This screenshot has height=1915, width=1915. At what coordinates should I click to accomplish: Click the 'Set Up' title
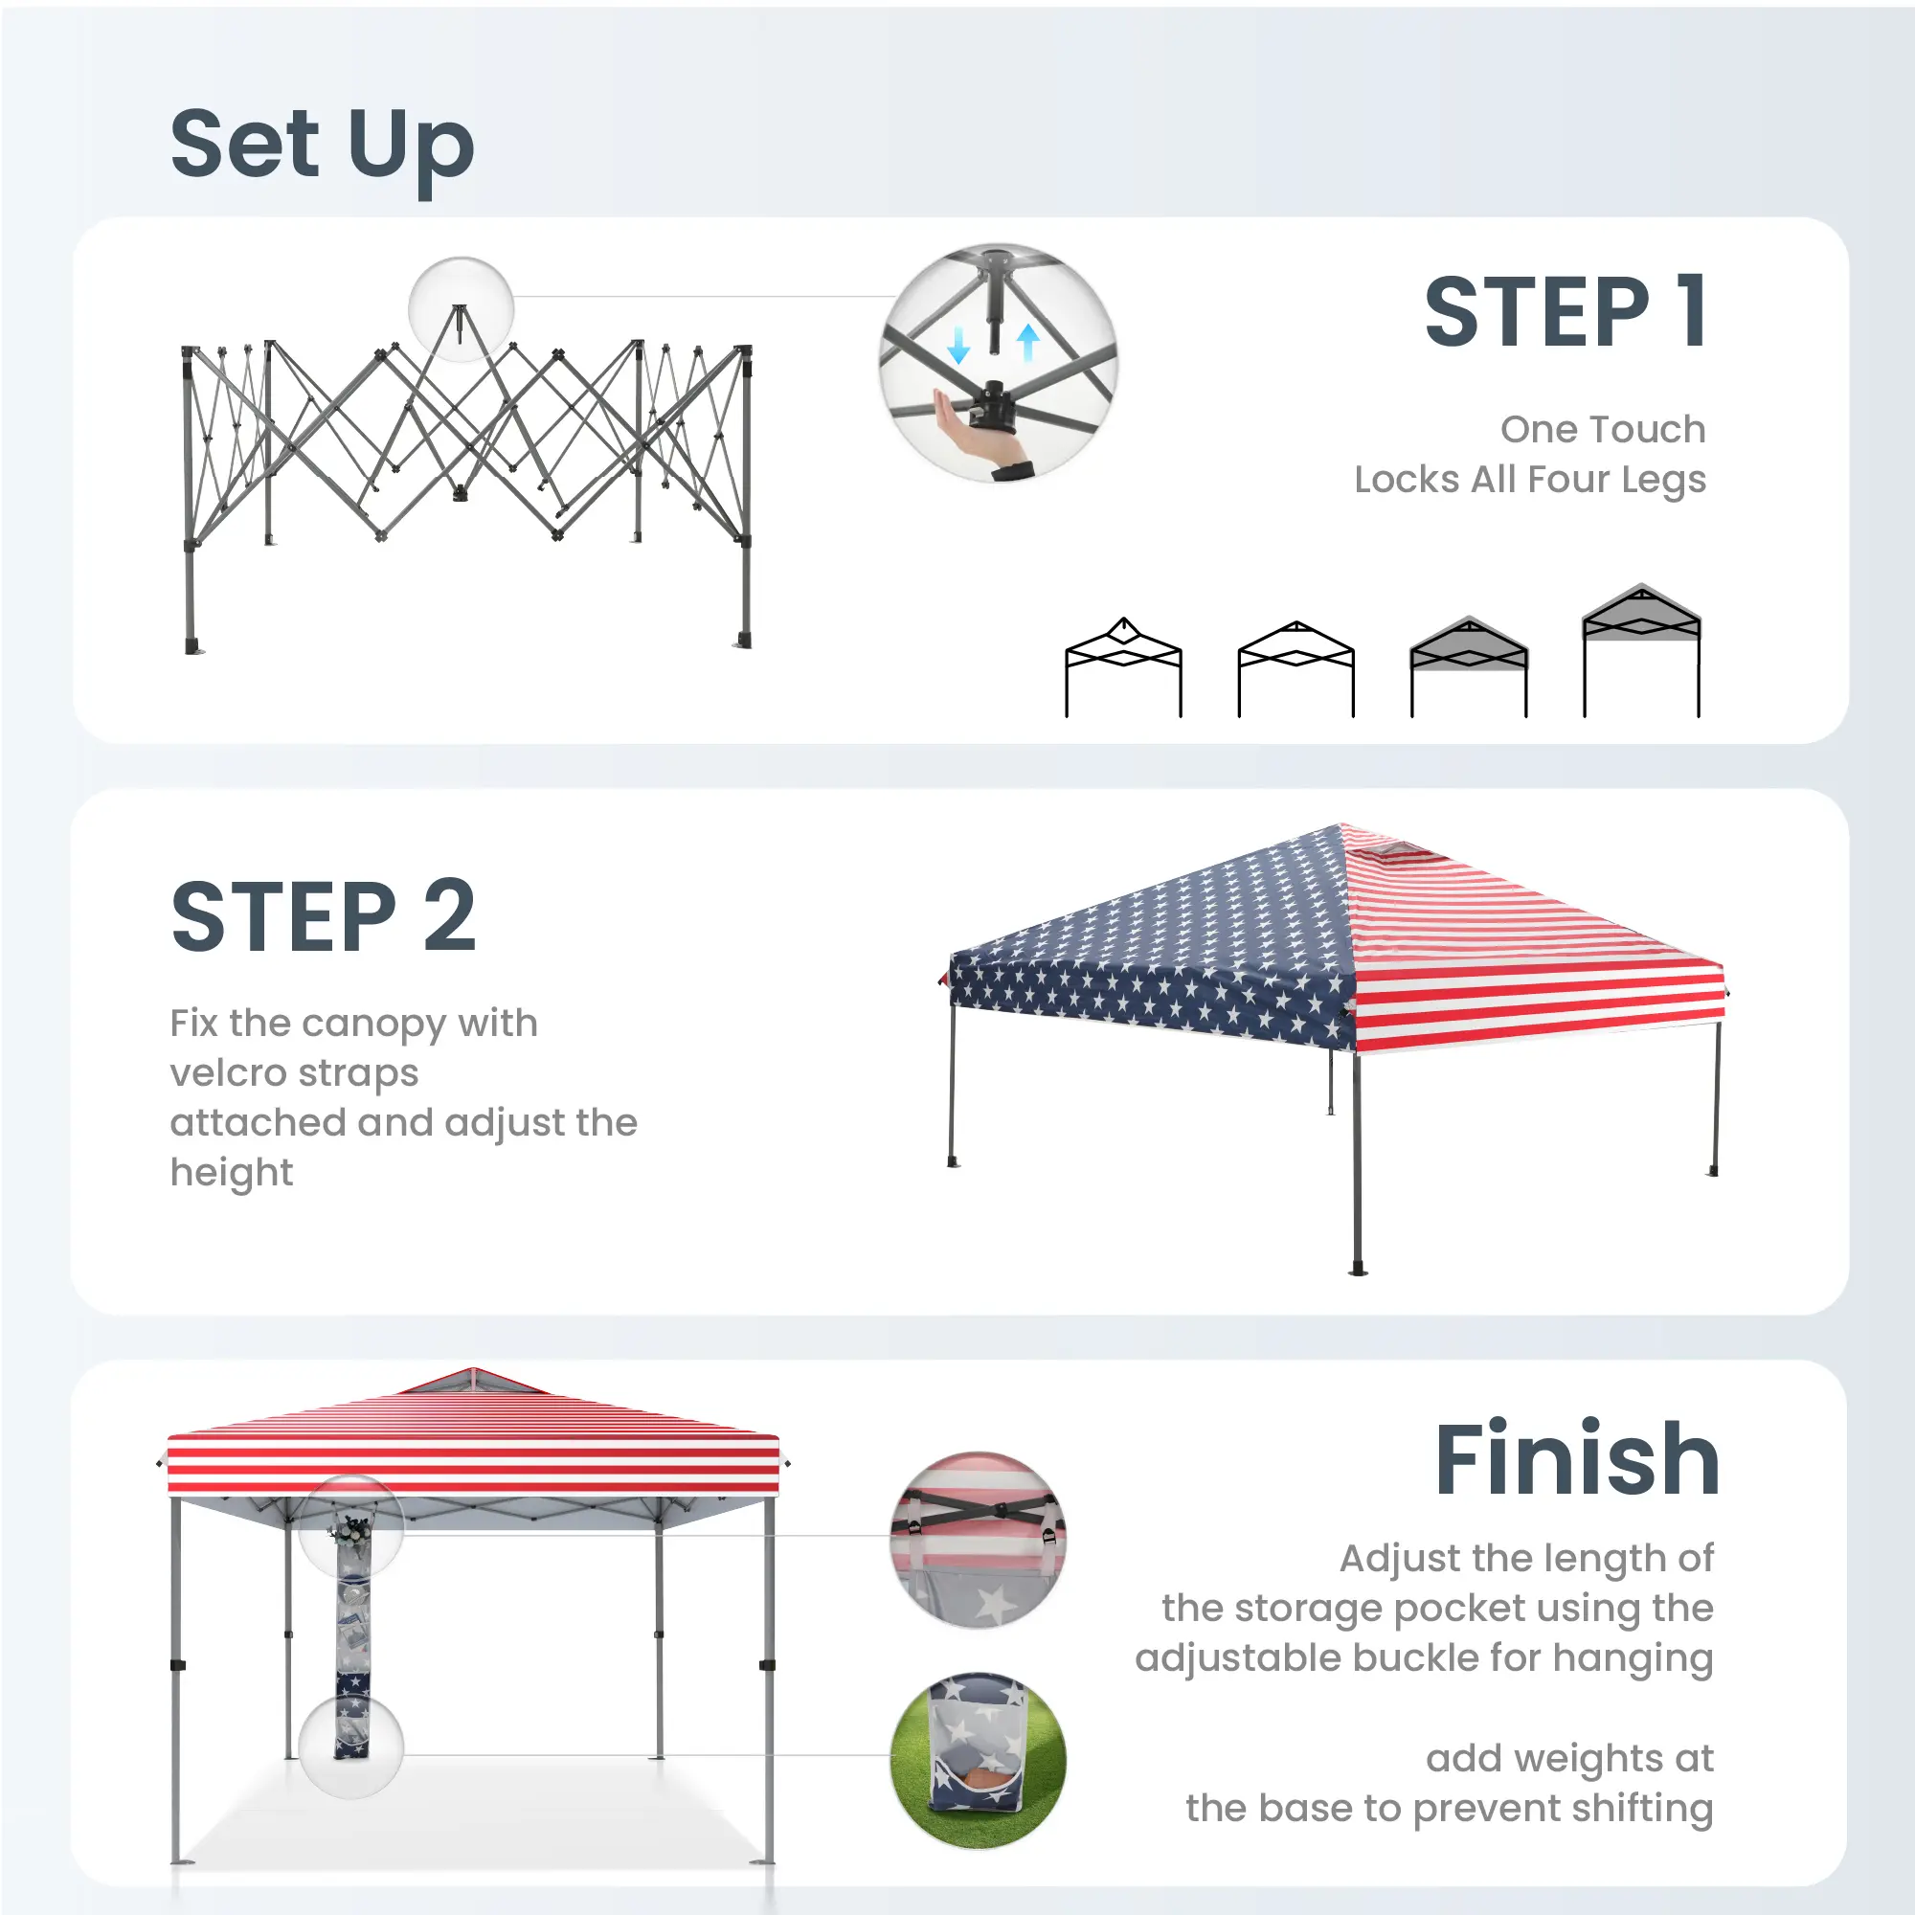pyautogui.click(x=322, y=148)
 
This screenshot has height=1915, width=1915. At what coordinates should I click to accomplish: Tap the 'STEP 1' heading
pyautogui.click(x=1567, y=312)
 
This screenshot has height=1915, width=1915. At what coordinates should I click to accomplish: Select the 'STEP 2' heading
pyautogui.click(x=323, y=916)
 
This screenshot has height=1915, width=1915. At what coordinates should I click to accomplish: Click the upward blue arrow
pyautogui.click(x=1027, y=342)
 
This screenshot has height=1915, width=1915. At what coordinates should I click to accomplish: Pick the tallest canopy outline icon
pyautogui.click(x=1641, y=650)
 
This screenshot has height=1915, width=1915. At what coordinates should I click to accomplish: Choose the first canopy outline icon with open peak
pyautogui.click(x=1123, y=667)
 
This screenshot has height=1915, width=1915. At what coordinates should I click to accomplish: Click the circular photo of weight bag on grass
pyautogui.click(x=979, y=1761)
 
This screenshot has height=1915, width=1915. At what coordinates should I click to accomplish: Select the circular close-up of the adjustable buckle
pyautogui.click(x=979, y=1540)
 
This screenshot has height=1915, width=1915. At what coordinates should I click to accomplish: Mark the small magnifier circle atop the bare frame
pyautogui.click(x=461, y=309)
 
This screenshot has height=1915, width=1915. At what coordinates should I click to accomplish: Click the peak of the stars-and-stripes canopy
pyautogui.click(x=1341, y=824)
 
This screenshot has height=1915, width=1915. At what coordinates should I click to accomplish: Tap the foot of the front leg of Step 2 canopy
pyautogui.click(x=1359, y=1270)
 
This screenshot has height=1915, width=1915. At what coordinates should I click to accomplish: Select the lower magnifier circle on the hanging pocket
pyautogui.click(x=350, y=1746)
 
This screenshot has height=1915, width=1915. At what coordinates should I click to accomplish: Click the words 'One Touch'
pyautogui.click(x=1603, y=429)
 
